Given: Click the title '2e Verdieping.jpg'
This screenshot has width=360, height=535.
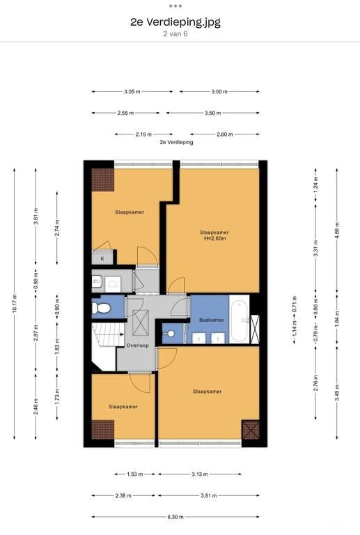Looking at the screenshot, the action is pos(175,22).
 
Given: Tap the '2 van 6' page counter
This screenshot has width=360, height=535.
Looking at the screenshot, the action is pos(175,33).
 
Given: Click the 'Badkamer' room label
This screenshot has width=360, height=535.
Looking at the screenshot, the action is pos(212,320).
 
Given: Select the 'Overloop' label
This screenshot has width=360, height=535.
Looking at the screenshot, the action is pos(137,346).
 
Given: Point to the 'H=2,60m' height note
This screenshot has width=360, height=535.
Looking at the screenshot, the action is pos(214,238).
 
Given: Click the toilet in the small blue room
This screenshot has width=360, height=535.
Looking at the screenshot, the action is pos(101,308).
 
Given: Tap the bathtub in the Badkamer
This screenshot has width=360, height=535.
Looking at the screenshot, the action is pos(240,320).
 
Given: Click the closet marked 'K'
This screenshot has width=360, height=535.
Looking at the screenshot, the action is pos(102,258).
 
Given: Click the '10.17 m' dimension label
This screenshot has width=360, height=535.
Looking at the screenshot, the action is pos(15,303).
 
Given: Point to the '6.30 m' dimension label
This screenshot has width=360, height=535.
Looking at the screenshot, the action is pos(175,517).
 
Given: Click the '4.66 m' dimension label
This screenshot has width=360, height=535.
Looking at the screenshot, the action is pos(337,229).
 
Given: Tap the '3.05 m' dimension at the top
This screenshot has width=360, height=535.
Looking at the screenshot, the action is pos(132,92).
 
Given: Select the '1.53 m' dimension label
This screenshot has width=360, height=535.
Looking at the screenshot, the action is pos(134,474).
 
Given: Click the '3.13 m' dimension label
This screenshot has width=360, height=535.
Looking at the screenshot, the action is pos(199,474).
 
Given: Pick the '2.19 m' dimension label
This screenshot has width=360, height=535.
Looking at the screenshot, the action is pos(143,134).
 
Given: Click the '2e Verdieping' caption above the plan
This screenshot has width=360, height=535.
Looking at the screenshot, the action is pos(176,142).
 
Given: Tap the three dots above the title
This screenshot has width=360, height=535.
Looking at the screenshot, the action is pos(175,6).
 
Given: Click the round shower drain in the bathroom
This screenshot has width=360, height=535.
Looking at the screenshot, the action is pos(171,334).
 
